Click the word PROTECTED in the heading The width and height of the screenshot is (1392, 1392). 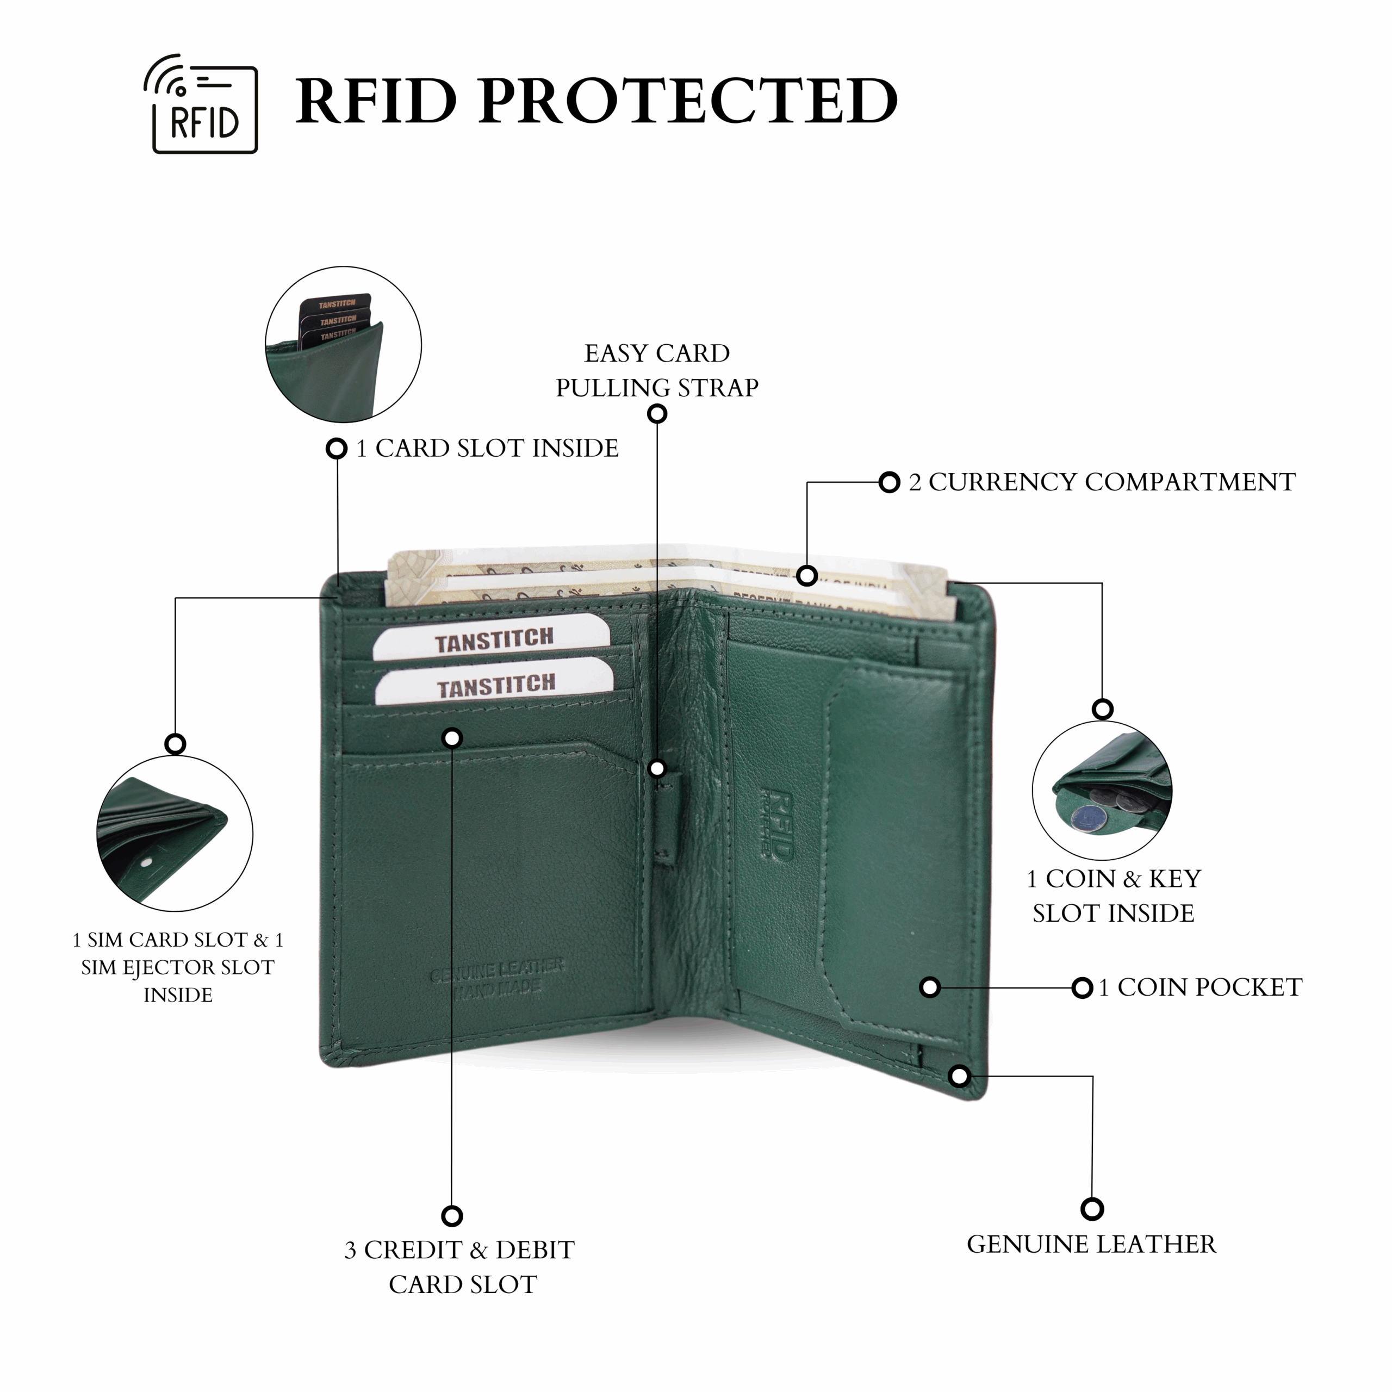click(688, 101)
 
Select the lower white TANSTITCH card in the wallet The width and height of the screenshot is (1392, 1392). click(496, 685)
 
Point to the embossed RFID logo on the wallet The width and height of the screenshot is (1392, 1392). click(776, 824)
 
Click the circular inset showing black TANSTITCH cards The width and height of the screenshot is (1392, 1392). click(343, 344)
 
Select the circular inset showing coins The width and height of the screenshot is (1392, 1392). click(1102, 791)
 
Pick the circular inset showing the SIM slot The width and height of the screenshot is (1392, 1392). click(175, 834)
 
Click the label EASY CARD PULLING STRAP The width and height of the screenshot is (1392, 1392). click(656, 370)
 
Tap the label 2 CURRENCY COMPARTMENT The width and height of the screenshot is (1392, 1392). click(1102, 482)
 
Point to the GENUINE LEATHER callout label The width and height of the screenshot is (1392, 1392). click(1091, 1244)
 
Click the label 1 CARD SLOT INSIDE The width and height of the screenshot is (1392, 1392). click(488, 448)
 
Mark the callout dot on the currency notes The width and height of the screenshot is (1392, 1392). click(807, 576)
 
